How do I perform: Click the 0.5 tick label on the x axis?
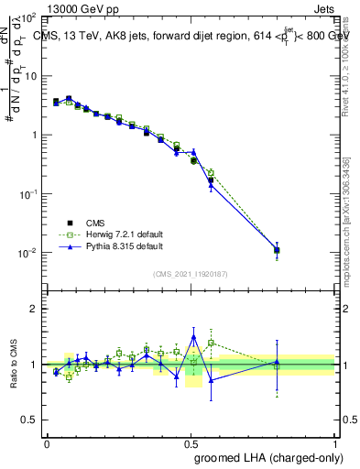click(x=191, y=442)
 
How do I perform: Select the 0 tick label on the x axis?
click(x=47, y=442)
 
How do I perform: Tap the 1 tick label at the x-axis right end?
click(x=335, y=442)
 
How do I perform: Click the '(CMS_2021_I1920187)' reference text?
click(x=191, y=273)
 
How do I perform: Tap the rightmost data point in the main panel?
click(x=277, y=249)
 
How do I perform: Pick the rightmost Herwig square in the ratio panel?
click(x=277, y=367)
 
